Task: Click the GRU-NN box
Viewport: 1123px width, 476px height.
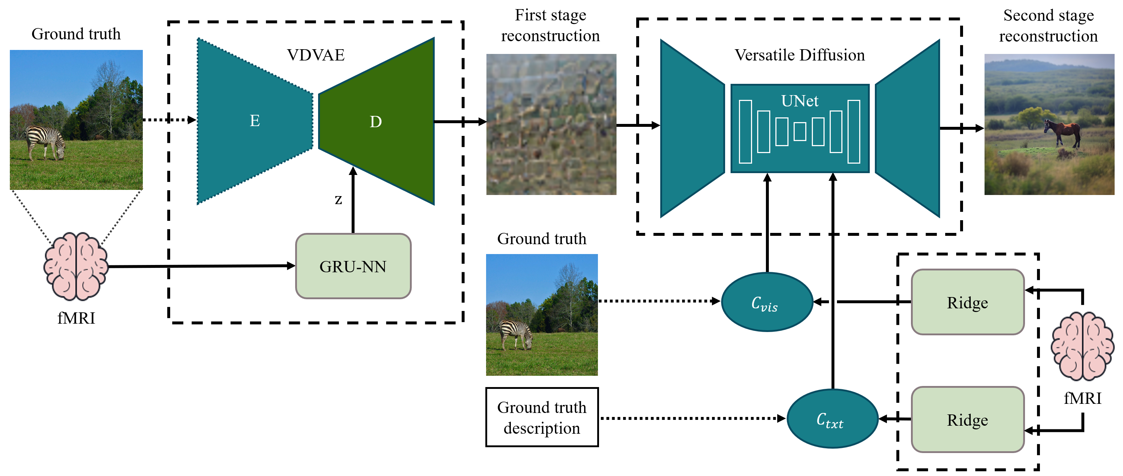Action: tap(353, 266)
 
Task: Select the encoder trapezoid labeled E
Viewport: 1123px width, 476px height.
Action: tap(255, 121)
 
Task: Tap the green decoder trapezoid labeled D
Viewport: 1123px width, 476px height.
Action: tap(376, 122)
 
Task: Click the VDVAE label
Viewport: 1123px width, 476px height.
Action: tap(316, 55)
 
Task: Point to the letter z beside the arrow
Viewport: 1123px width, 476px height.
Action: tap(338, 199)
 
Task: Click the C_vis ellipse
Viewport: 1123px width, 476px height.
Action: tap(767, 302)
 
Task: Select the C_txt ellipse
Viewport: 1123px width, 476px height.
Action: tap(832, 419)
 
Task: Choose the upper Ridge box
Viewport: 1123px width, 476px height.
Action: tap(967, 302)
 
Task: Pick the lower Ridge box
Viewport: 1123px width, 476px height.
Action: tap(967, 420)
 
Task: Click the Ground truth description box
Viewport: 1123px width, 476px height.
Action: tap(542, 417)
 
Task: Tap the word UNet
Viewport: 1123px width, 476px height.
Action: tap(799, 101)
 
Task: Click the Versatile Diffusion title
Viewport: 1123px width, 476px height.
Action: tap(799, 55)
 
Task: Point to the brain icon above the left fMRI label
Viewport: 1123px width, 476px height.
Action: tap(76, 266)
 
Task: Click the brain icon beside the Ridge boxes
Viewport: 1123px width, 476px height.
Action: tap(1082, 347)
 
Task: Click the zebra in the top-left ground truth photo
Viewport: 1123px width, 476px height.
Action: tap(45, 142)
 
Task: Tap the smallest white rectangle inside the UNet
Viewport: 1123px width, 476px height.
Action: tap(799, 131)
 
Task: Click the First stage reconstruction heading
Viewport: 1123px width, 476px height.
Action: tap(550, 25)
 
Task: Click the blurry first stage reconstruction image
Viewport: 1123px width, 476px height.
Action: tap(551, 124)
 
